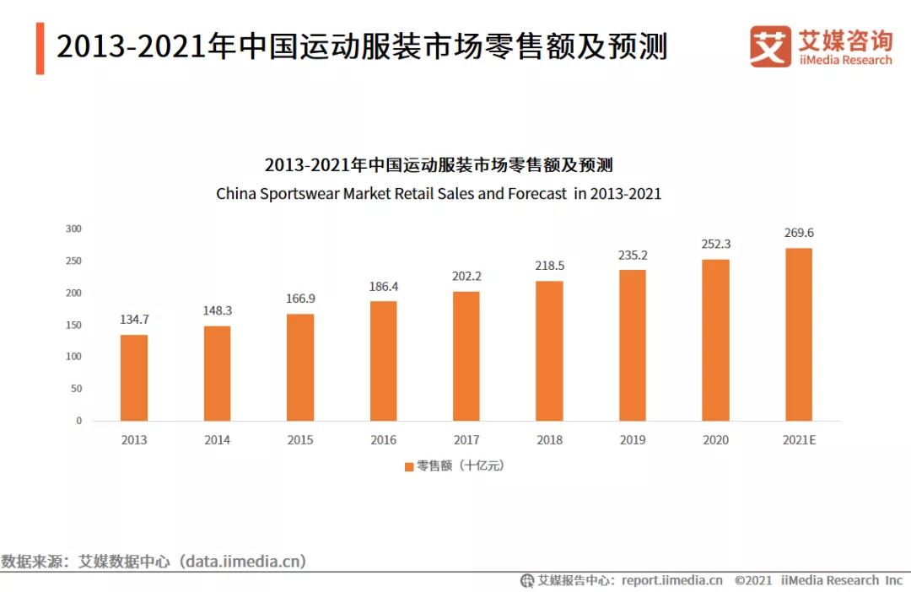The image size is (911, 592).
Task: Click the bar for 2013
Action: click(133, 377)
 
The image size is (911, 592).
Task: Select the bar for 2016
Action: click(383, 360)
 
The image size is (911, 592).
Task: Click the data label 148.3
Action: click(217, 310)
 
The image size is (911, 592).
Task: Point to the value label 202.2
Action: click(466, 275)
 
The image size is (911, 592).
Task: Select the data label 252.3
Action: click(716, 244)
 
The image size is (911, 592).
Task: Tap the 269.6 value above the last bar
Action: click(799, 233)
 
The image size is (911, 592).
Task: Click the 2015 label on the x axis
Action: click(299, 440)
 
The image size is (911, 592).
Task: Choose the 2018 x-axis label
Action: click(549, 440)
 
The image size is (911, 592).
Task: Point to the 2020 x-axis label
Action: click(716, 440)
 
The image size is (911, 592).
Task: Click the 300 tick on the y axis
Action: click(74, 229)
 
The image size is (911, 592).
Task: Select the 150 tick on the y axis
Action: click(74, 325)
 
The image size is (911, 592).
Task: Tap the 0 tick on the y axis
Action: click(78, 420)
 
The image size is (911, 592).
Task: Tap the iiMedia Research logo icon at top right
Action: click(770, 46)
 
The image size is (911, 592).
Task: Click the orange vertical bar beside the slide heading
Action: click(40, 48)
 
